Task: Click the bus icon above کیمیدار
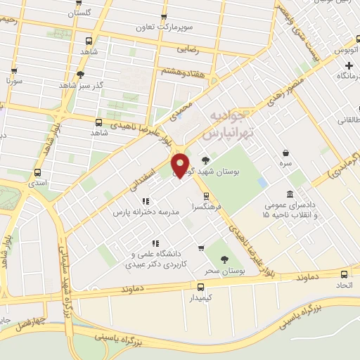tap(201, 287)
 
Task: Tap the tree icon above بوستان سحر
tap(224, 259)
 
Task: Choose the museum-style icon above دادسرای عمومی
tap(290, 194)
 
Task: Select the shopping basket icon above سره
tap(285, 153)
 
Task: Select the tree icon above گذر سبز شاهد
tap(81, 74)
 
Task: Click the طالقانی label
tap(350, 120)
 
